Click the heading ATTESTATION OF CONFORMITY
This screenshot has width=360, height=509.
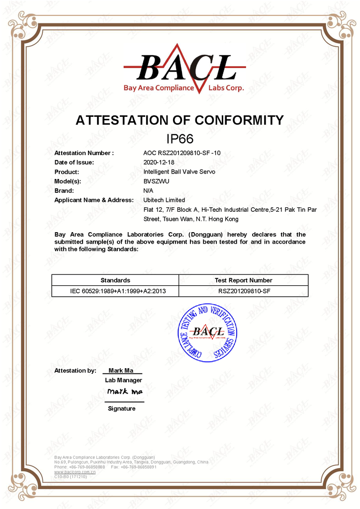tap(180, 120)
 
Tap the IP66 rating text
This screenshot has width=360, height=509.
tap(180, 139)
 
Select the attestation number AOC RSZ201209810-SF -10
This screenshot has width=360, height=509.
tap(182, 153)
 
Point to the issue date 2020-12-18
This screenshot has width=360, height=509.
tap(159, 163)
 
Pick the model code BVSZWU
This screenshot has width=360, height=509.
tap(156, 181)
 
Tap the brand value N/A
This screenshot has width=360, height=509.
tap(148, 191)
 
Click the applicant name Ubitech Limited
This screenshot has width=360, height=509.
tap(164, 200)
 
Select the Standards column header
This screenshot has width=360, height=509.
tap(115, 280)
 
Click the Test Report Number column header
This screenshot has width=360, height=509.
tap(243, 280)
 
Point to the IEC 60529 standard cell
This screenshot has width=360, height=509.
tap(118, 291)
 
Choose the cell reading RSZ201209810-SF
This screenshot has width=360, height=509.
tap(243, 291)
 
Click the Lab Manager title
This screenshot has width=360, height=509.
tap(123, 380)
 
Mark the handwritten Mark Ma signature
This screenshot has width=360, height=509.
tap(124, 392)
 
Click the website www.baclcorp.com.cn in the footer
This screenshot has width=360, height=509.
tap(75, 472)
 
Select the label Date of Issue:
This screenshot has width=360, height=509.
tap(74, 163)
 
